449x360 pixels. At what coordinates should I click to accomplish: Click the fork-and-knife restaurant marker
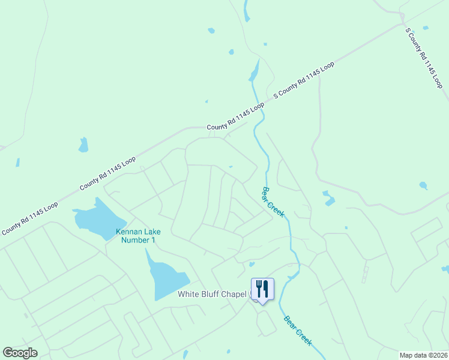tap(263, 289)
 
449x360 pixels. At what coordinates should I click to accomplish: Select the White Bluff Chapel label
tap(213, 294)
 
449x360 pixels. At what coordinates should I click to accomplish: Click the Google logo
tap(20, 353)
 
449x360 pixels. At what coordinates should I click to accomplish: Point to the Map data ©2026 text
tap(423, 355)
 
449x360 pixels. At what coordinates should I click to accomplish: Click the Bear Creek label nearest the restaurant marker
tap(298, 330)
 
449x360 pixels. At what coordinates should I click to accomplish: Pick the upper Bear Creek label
tap(273, 202)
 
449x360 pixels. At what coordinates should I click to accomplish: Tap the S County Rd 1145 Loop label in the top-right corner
tap(424, 58)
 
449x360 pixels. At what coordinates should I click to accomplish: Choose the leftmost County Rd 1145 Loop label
tap(29, 217)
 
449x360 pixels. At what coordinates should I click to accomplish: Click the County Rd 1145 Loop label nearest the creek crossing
tap(235, 117)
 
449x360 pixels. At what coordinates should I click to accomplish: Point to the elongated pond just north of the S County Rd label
tap(255, 71)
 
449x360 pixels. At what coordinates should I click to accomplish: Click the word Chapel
tap(235, 294)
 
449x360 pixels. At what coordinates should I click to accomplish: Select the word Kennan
tap(128, 232)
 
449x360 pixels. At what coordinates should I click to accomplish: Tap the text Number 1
tap(138, 240)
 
